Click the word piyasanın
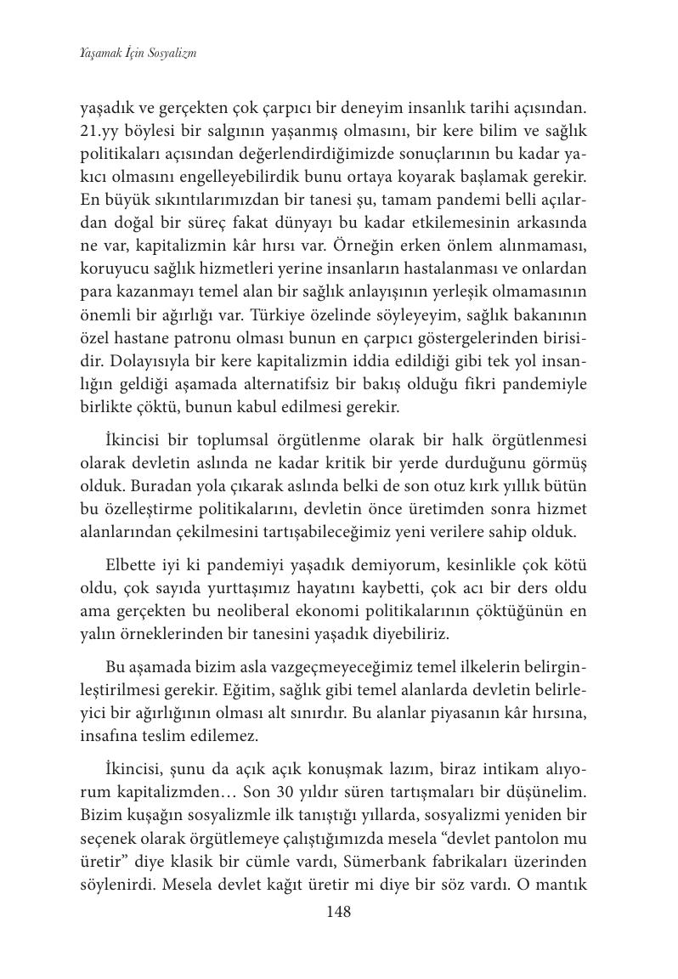click(x=455, y=710)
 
